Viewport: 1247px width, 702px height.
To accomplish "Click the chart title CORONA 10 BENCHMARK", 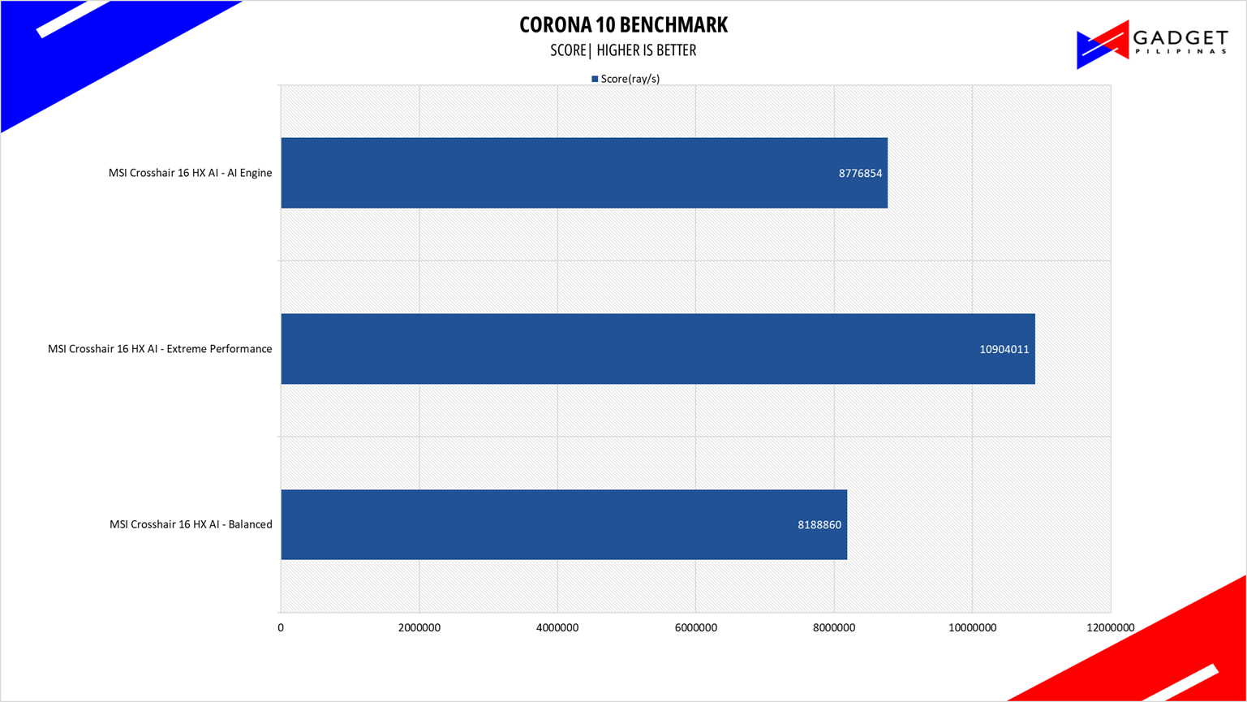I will [623, 25].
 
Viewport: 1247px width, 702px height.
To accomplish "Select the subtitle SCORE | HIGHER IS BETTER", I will [623, 50].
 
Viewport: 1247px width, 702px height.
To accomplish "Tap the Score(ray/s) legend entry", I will [626, 79].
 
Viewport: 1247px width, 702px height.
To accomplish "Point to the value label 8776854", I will [860, 173].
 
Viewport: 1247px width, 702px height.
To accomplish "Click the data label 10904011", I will [1004, 350].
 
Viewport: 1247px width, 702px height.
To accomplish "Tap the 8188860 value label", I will [819, 525].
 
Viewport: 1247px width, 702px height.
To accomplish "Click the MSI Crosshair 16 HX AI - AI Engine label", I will [190, 173].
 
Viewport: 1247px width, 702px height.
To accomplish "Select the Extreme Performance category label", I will [160, 349].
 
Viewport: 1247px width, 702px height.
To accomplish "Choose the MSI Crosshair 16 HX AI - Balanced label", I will [191, 524].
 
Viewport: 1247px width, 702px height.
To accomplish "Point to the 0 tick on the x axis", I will [281, 628].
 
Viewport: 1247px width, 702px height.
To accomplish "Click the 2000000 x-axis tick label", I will [419, 628].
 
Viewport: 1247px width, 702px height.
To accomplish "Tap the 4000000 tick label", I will [557, 628].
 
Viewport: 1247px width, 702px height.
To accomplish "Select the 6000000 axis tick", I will [695, 628].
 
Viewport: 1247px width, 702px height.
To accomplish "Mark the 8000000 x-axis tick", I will [834, 628].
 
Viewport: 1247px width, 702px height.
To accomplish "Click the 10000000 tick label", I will [972, 628].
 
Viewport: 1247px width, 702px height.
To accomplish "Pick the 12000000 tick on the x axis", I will [1110, 628].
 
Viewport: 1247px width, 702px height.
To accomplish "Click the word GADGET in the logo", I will [1180, 39].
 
